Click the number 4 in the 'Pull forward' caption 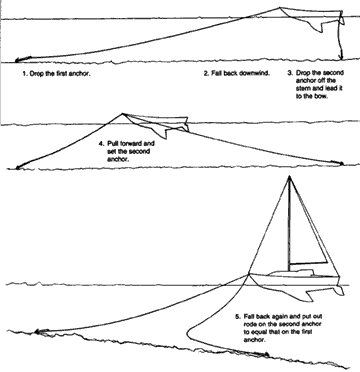[101, 144]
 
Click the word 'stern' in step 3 [300, 83]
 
